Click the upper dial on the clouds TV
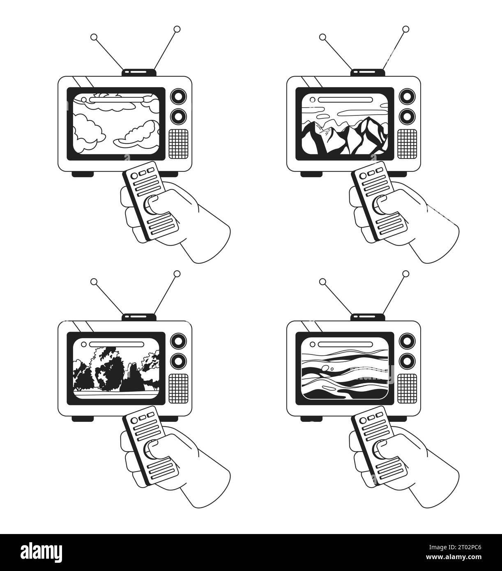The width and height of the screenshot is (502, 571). (178, 97)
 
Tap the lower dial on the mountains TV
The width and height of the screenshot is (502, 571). (407, 116)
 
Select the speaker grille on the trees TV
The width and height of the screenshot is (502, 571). (178, 389)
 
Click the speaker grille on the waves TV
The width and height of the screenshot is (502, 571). (407, 389)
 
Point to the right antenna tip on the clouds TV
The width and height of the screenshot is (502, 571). (177, 29)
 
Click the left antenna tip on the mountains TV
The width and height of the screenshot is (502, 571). (322, 37)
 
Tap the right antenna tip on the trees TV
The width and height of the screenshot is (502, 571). (177, 274)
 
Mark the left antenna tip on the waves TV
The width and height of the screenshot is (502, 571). (322, 281)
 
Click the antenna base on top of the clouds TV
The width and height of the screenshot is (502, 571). (139, 72)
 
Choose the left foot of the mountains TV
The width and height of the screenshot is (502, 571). (311, 174)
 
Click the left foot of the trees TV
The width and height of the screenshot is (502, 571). (83, 419)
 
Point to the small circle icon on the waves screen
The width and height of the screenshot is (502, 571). (312, 344)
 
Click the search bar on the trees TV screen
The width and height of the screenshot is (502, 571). (117, 344)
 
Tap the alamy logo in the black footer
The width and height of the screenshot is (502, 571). (41, 553)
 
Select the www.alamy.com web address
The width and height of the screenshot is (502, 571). (454, 557)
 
